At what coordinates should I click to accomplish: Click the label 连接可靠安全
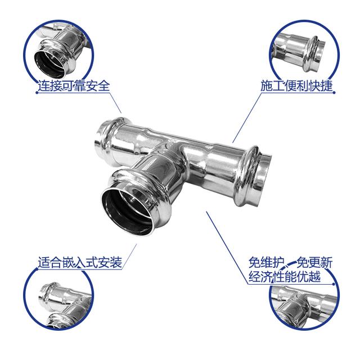click(x=74, y=85)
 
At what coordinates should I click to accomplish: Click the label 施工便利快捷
click(x=296, y=85)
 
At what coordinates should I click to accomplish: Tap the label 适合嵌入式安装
click(x=80, y=263)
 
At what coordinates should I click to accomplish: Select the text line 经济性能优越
click(x=285, y=276)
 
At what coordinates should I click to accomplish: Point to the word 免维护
click(x=267, y=263)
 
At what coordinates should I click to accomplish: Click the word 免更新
click(x=314, y=263)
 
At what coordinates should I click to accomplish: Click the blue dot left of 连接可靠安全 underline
click(x=37, y=93)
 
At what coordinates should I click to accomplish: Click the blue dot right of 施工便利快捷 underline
click(x=334, y=93)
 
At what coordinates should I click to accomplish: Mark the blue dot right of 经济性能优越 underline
click(x=334, y=284)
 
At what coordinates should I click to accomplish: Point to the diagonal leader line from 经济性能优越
click(x=227, y=247)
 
